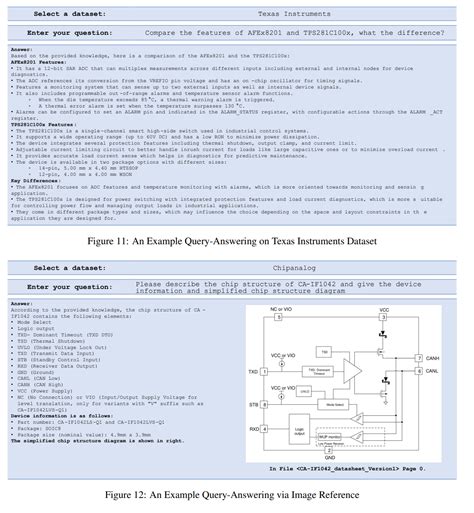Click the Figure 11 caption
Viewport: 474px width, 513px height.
tap(237, 242)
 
